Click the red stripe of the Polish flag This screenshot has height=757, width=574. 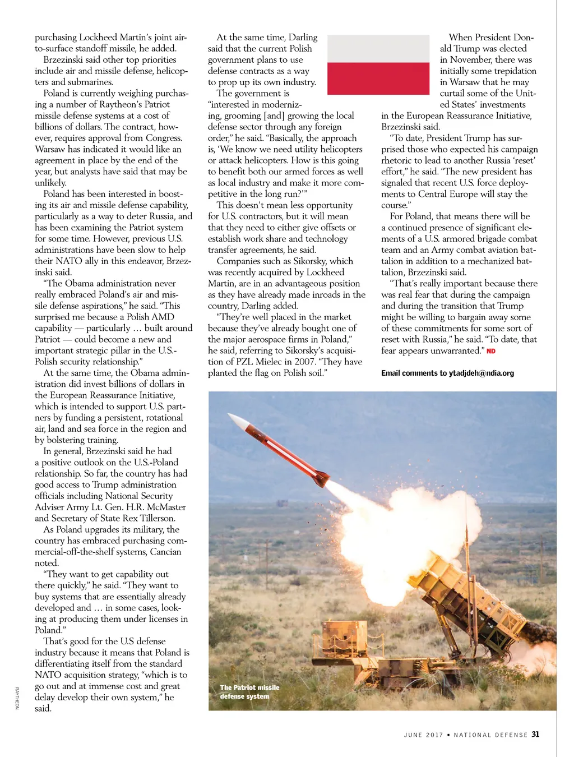(x=378, y=78)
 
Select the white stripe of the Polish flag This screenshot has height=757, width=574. (x=378, y=48)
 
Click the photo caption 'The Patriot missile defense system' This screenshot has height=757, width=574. (x=249, y=691)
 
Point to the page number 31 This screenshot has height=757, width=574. (x=535, y=734)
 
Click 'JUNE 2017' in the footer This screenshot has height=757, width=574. (x=423, y=735)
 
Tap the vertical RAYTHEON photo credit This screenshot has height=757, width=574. (x=17, y=698)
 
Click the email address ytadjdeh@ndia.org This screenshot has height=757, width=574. (x=481, y=373)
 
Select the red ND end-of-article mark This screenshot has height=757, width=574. (x=491, y=351)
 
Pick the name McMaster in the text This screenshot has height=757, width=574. (x=166, y=507)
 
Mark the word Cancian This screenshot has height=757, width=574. (x=165, y=552)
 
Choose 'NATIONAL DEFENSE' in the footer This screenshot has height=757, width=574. (x=490, y=735)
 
